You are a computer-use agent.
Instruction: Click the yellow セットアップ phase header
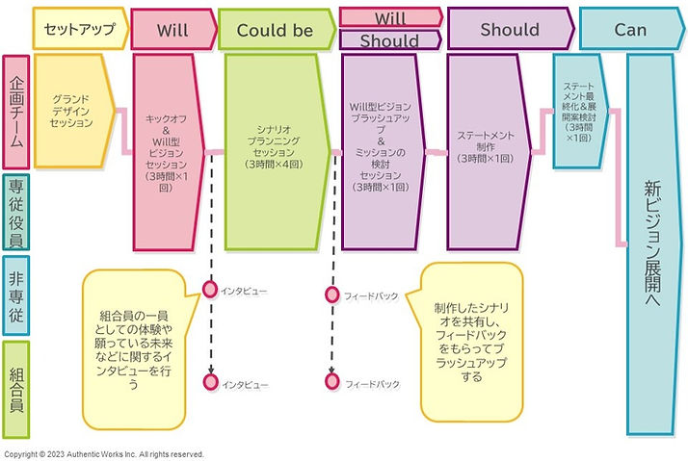[79, 30]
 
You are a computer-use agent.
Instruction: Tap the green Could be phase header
[276, 30]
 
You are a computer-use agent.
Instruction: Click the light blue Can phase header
[630, 30]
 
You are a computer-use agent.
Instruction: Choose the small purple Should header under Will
[389, 40]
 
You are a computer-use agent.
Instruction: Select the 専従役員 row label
[16, 212]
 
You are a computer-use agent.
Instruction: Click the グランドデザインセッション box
[73, 112]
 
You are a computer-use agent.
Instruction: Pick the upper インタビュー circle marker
[210, 289]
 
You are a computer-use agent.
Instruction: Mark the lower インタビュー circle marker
[210, 382]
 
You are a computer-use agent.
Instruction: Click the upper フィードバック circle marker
[331, 295]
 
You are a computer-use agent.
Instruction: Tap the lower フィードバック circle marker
[331, 382]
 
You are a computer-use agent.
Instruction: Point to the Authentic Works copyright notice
[104, 454]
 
